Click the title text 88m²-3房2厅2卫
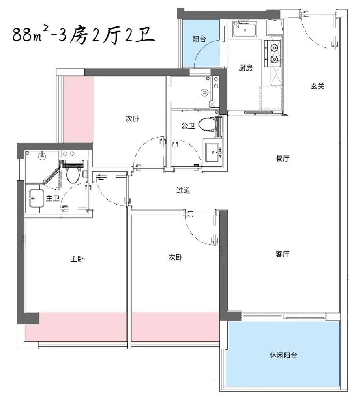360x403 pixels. pos(81,36)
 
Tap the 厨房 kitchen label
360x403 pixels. pos(246,68)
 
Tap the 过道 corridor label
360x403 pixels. pos(183,190)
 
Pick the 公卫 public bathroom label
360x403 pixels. pos(188,126)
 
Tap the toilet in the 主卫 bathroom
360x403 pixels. pos(73,174)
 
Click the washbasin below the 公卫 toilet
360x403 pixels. pos(213,151)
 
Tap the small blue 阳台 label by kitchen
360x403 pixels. pos(199,39)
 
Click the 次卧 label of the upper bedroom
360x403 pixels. pos(132,118)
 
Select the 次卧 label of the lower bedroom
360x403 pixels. pos(175,257)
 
